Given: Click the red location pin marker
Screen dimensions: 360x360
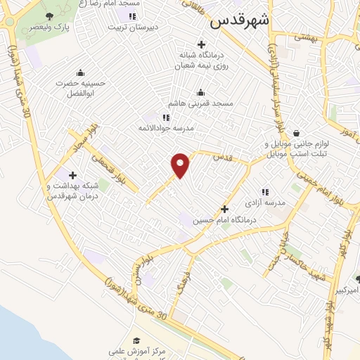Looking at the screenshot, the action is (181, 165).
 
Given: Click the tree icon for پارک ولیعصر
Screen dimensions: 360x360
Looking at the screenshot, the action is (49, 15).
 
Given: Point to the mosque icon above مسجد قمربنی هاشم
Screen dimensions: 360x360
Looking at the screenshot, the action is (202, 92).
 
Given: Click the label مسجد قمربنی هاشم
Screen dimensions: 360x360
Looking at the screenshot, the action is (205, 103).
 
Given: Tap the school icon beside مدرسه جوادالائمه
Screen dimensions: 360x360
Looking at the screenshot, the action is (166, 117).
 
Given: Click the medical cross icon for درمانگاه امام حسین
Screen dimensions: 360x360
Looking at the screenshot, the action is (224, 208).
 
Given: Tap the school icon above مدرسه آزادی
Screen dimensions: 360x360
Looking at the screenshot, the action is (265, 191).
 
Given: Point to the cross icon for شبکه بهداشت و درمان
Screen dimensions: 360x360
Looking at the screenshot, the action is (72, 175).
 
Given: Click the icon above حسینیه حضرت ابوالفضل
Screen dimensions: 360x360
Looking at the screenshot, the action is (80, 72).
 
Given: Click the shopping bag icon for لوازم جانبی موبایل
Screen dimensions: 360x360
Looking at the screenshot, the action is (296, 132).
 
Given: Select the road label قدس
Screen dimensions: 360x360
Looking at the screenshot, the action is (222, 156).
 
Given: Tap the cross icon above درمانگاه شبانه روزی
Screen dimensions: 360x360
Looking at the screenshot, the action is (201, 44).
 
